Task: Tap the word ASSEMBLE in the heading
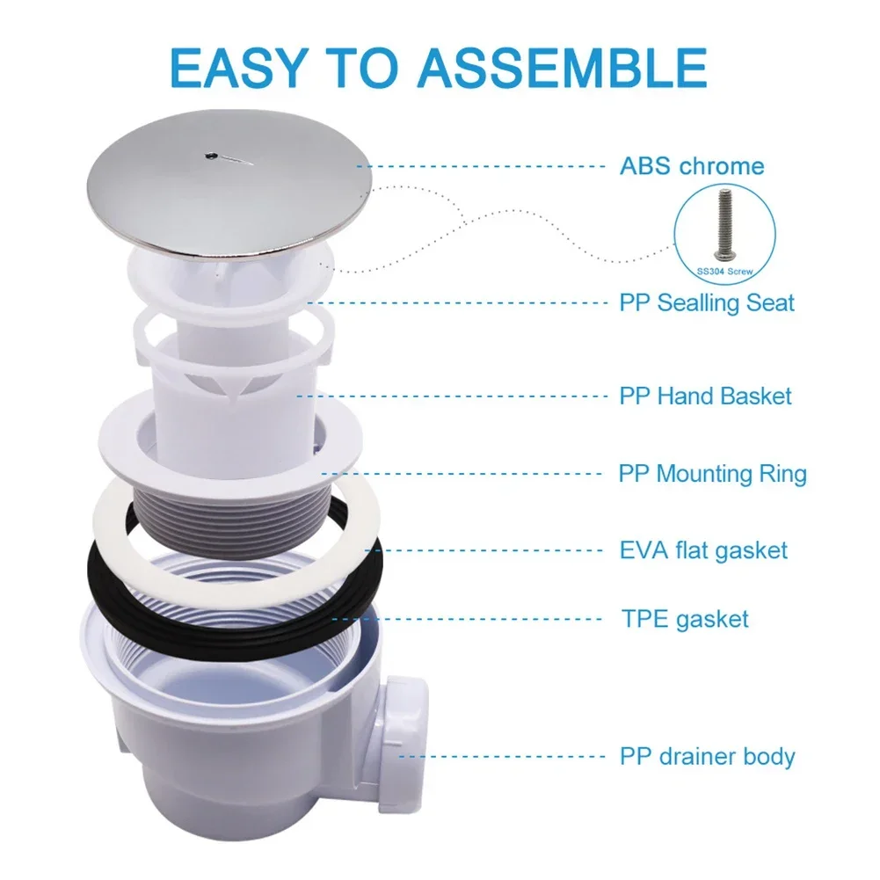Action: [562, 68]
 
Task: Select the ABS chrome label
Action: [692, 166]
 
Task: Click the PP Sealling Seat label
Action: [707, 303]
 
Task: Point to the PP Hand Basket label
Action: [705, 396]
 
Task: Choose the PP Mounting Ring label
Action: [713, 474]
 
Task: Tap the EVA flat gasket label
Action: [704, 550]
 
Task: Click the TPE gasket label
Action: [685, 620]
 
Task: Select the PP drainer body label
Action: [707, 757]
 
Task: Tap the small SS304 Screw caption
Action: [725, 272]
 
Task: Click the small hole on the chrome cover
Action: [210, 155]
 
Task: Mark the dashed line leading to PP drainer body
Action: [501, 757]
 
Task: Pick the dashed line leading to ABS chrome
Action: [482, 167]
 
